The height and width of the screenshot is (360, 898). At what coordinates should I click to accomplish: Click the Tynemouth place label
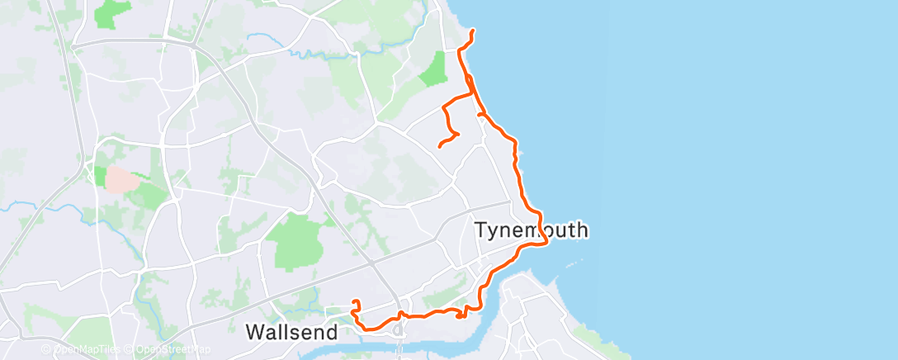(x=532, y=230)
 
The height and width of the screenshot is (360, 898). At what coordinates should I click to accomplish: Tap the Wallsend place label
(x=292, y=333)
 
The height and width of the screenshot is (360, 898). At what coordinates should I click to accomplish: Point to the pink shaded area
(x=120, y=178)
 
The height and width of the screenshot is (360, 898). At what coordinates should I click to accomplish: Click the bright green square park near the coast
(x=432, y=69)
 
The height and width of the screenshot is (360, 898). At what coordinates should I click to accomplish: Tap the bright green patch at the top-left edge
(x=112, y=12)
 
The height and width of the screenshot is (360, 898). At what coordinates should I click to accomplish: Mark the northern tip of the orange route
(x=472, y=31)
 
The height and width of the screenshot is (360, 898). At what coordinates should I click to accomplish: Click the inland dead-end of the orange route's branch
(x=439, y=146)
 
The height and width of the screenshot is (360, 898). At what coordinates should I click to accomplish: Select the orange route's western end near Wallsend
(x=353, y=301)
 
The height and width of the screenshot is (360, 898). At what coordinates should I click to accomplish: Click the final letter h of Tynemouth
(x=582, y=230)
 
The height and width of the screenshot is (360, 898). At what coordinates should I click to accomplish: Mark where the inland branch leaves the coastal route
(x=474, y=93)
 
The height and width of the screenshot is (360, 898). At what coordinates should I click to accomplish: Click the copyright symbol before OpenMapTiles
(x=46, y=349)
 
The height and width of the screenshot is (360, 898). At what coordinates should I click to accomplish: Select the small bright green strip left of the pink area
(x=99, y=177)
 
